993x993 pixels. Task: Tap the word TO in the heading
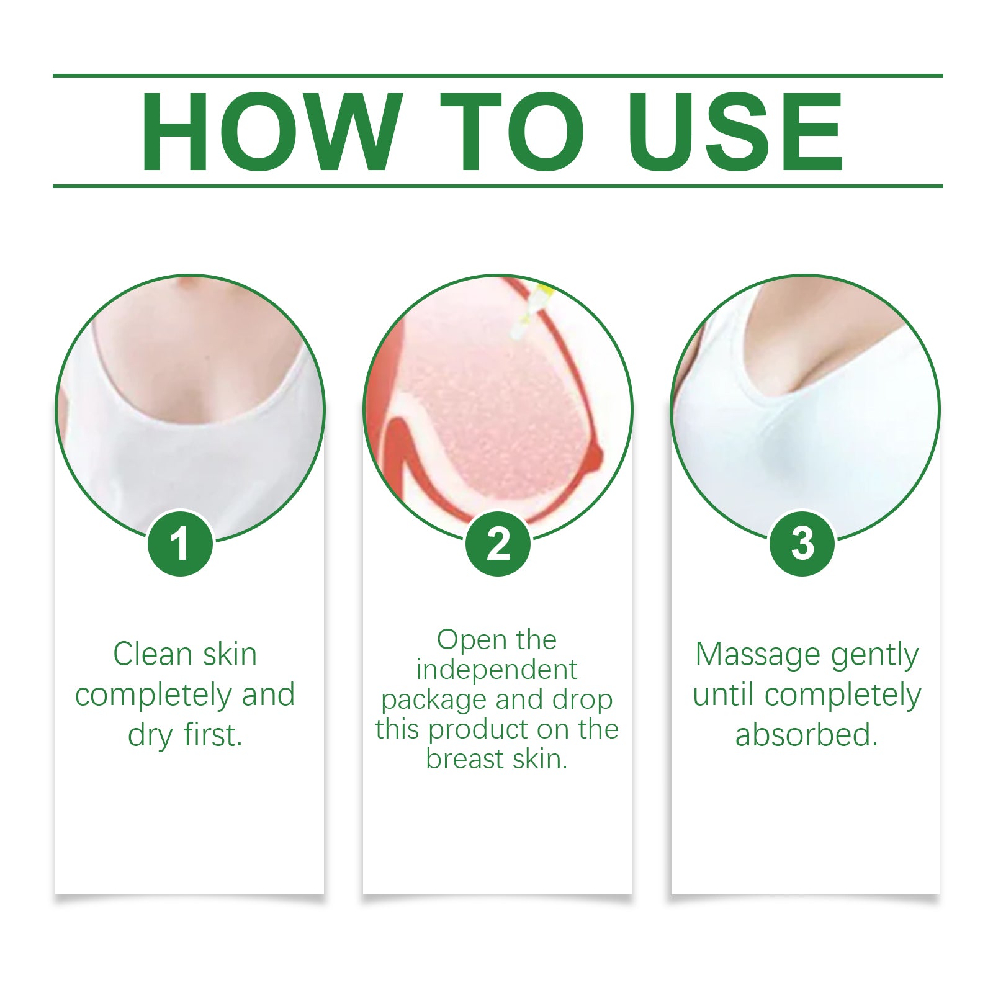click(512, 132)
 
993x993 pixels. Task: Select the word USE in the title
click(735, 132)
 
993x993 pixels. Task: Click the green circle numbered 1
click(181, 544)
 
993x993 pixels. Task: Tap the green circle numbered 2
click(498, 544)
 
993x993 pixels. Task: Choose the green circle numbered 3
click(802, 544)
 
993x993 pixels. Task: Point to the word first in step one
click(213, 735)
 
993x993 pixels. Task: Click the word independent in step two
click(496, 670)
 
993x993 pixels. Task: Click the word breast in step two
click(462, 758)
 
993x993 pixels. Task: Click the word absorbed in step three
click(806, 735)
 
